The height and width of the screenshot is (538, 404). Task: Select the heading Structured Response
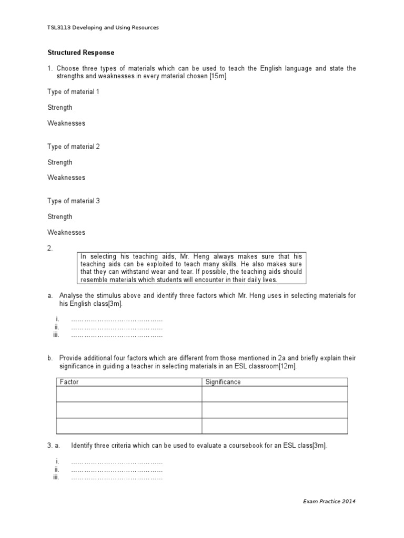80,53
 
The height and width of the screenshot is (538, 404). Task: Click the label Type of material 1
73,92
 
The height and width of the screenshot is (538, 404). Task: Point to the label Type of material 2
73,147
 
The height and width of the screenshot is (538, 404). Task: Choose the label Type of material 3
73,201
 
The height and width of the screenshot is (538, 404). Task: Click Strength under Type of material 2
59,162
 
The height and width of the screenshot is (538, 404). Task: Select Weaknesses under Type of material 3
66,232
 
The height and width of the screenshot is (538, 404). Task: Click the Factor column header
69,382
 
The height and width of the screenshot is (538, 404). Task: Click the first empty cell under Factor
128,394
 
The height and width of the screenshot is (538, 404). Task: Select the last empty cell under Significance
274,426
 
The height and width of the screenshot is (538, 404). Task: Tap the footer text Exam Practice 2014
329,502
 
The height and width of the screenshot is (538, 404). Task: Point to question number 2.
50,249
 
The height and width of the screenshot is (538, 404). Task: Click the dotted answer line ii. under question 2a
116,327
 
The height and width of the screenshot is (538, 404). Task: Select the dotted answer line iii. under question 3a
116,478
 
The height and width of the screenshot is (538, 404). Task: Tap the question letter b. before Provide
50,358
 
